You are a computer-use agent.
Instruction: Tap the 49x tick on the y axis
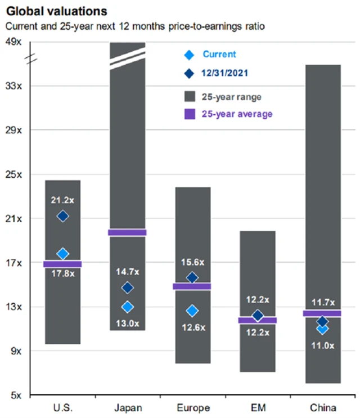(x=14, y=42)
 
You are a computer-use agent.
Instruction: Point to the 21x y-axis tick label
(x=14, y=218)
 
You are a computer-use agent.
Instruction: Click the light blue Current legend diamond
(x=190, y=55)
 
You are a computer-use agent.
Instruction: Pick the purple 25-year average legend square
(x=190, y=114)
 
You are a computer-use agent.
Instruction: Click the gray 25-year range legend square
(x=190, y=96)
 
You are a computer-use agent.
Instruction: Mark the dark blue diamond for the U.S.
(x=63, y=216)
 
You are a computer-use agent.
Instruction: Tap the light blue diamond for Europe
(x=192, y=311)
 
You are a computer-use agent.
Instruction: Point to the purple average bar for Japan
(x=127, y=232)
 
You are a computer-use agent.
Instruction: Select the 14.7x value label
(x=128, y=271)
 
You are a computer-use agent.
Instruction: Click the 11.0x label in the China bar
(x=322, y=345)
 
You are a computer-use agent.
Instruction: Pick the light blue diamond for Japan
(x=128, y=307)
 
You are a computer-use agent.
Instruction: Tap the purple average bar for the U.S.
(x=63, y=264)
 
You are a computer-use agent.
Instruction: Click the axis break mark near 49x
(x=32, y=57)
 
